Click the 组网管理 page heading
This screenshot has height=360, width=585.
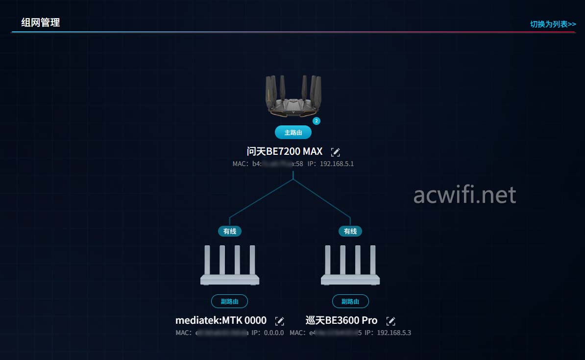tap(41, 23)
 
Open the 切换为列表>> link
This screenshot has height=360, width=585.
tap(553, 24)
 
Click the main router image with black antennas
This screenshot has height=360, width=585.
tap(293, 96)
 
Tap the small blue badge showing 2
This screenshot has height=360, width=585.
tap(317, 121)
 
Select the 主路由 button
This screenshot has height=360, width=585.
tap(293, 133)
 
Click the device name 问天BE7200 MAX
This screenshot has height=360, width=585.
tap(285, 151)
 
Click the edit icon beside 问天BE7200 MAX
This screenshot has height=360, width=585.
tap(336, 152)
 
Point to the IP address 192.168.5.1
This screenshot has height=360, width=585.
tap(337, 164)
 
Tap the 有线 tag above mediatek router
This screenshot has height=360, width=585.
tap(230, 231)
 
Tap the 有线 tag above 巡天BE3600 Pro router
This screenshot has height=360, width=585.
tap(350, 231)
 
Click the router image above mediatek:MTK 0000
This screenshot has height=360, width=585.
tap(230, 265)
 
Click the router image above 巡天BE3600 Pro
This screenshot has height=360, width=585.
tap(350, 265)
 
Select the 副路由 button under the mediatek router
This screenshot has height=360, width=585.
tap(230, 301)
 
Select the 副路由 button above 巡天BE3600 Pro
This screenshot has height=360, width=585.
tap(350, 301)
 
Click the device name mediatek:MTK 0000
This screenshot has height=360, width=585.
tap(221, 320)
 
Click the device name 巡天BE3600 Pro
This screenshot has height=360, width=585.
tap(341, 320)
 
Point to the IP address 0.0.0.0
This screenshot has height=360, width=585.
tap(274, 333)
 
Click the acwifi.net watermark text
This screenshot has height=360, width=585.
tap(464, 195)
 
